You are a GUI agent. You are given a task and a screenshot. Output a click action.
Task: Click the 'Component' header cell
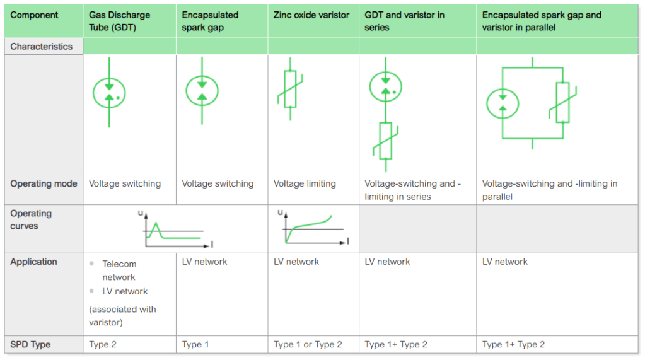(x=34, y=15)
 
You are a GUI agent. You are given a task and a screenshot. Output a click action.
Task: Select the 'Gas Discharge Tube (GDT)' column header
(x=119, y=21)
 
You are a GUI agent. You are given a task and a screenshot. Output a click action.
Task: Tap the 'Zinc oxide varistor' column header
(x=311, y=15)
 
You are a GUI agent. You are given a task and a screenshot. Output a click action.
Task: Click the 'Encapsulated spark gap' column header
(x=210, y=21)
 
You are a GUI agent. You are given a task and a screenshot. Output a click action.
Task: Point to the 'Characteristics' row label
(x=42, y=47)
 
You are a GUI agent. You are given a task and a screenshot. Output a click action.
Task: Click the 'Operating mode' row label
(x=44, y=184)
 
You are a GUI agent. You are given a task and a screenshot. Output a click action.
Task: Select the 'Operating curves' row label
(x=31, y=219)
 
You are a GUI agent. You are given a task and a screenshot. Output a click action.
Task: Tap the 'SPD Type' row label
(x=30, y=345)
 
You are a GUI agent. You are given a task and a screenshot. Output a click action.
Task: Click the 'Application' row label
(x=33, y=262)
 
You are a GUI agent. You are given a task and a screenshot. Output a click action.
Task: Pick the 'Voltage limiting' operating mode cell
(x=305, y=184)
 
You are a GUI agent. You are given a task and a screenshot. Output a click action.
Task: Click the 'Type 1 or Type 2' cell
(x=308, y=345)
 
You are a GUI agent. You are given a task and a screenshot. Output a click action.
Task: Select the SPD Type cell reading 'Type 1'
(x=192, y=345)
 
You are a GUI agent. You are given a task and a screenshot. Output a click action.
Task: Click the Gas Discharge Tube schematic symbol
(x=109, y=93)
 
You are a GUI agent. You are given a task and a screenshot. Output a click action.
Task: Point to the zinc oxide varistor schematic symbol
(x=290, y=89)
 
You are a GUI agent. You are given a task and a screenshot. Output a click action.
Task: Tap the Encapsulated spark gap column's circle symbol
(x=202, y=91)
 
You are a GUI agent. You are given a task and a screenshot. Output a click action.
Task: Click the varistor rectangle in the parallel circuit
(x=562, y=102)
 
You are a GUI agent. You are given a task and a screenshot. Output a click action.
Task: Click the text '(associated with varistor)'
(x=122, y=316)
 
